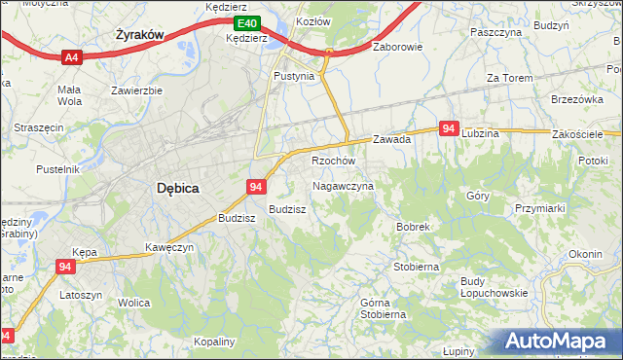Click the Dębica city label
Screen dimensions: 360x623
(x=178, y=191)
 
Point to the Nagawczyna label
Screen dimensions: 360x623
(x=343, y=185)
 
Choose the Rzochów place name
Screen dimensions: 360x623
(x=333, y=161)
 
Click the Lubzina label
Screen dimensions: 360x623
(x=481, y=132)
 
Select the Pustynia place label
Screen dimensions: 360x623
(x=294, y=75)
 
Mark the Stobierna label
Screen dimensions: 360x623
(x=416, y=266)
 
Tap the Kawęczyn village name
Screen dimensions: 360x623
(x=169, y=247)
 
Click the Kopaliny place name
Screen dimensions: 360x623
(x=215, y=342)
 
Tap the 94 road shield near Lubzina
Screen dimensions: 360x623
(x=449, y=128)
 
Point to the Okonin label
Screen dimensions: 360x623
(x=585, y=254)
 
